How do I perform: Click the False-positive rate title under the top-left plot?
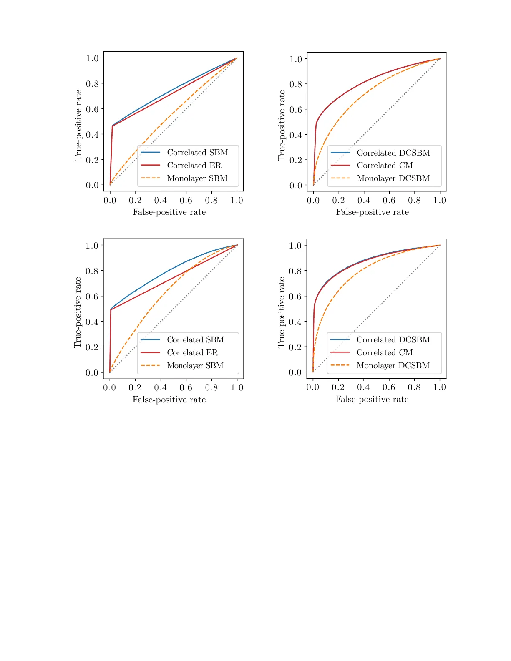tap(169, 212)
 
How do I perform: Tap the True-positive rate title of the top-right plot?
tap(282, 126)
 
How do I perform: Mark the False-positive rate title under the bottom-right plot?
tap(372, 400)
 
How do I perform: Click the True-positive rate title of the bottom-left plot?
tap(78, 313)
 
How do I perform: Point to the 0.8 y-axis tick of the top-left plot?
tap(92, 84)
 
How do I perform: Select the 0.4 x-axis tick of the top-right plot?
tap(364, 201)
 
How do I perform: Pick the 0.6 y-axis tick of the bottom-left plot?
tap(92, 297)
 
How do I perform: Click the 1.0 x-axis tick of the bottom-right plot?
tap(440, 387)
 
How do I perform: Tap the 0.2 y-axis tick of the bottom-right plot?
tap(295, 347)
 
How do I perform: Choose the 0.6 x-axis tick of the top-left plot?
tap(186, 201)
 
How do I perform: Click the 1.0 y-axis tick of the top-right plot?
tap(296, 59)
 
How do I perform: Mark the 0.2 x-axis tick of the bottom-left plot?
tap(135, 388)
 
